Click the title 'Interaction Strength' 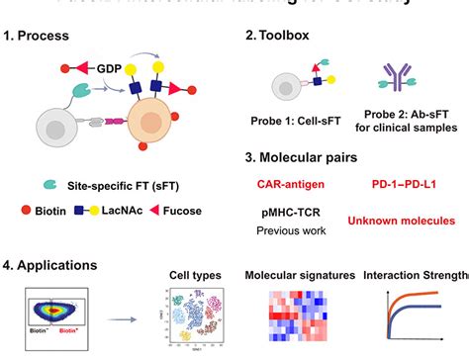click(416, 274)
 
